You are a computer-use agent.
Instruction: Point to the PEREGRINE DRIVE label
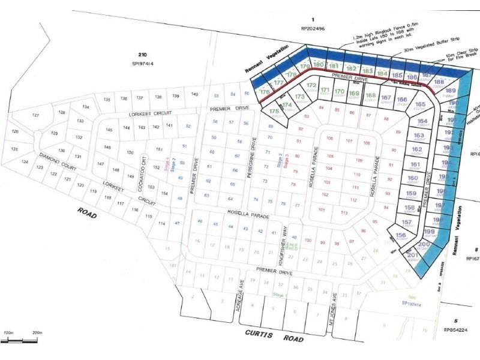[x=254, y=160]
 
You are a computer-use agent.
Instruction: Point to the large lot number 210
[x=142, y=53]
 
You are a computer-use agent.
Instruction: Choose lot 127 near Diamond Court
[x=35, y=115]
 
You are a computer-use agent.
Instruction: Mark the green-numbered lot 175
[x=274, y=111]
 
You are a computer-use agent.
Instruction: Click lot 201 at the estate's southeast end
[x=412, y=255]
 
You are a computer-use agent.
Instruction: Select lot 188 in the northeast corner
[x=439, y=82]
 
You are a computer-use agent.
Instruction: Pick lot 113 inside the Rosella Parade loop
[x=344, y=212]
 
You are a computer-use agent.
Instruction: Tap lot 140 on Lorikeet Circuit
[x=194, y=95]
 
